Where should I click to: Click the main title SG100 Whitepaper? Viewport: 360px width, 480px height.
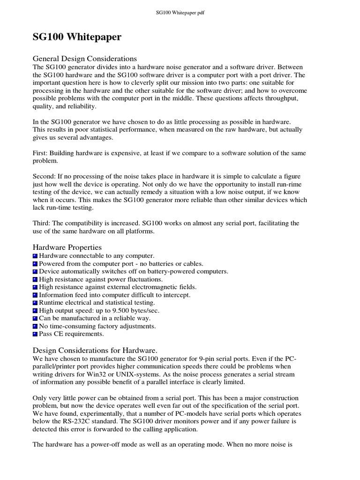pyautogui.click(x=76, y=37)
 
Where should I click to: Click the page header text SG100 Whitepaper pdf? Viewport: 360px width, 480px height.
pyautogui.click(x=180, y=13)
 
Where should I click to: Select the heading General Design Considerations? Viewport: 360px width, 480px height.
pyautogui.click(x=84, y=59)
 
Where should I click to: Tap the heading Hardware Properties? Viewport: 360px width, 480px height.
pyautogui.click(x=67, y=247)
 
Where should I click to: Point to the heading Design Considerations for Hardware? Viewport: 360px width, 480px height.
pyautogui.click(x=95, y=350)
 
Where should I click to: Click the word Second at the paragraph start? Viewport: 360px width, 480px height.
pyautogui.click(x=44, y=176)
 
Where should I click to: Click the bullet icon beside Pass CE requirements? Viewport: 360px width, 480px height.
pyautogui.click(x=35, y=334)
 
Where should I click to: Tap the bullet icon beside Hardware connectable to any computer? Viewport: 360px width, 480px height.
pyautogui.click(x=35, y=256)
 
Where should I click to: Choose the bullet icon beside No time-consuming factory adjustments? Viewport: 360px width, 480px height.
pyautogui.click(x=35, y=326)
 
